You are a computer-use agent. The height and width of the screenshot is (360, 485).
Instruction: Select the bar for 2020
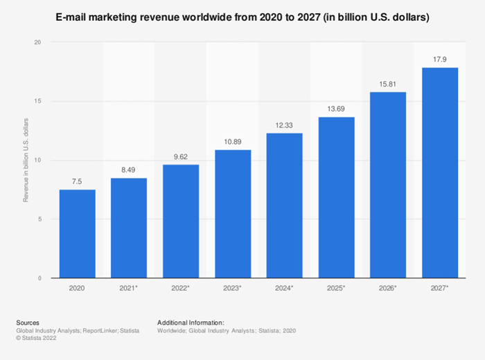(x=77, y=234)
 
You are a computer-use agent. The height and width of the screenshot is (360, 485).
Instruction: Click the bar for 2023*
(x=233, y=214)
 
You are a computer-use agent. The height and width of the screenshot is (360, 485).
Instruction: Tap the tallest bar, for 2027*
(x=440, y=173)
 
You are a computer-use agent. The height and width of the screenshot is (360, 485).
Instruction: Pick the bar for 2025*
(x=336, y=197)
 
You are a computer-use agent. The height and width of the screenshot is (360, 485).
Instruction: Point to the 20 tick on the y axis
(x=37, y=42)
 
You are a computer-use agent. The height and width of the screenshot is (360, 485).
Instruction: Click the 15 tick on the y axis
(x=37, y=101)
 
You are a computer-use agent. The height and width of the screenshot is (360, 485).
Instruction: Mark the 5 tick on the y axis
(x=39, y=219)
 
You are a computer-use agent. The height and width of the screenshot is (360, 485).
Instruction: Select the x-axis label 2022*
(x=181, y=287)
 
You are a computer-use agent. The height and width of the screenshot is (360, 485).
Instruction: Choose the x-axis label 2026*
(x=388, y=287)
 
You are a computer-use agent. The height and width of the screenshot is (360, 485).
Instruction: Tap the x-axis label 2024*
(x=284, y=287)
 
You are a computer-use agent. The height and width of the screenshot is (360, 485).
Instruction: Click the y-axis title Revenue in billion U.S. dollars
(x=26, y=160)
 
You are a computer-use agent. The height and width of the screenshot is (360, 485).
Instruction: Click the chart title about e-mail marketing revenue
(x=242, y=17)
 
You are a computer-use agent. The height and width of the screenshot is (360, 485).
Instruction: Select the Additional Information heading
(x=191, y=323)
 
